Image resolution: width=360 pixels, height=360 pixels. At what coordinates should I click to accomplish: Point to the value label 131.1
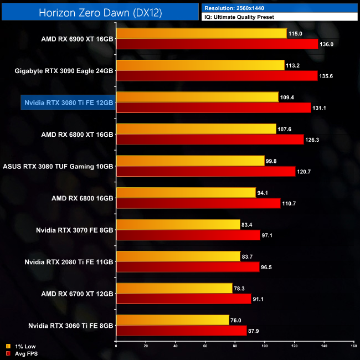click(321, 107)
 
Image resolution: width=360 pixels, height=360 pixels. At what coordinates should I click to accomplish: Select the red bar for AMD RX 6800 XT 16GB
click(210, 139)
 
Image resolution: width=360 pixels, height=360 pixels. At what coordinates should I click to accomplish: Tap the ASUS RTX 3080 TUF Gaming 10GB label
click(58, 166)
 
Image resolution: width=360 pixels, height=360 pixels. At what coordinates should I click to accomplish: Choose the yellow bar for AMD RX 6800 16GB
click(186, 192)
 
